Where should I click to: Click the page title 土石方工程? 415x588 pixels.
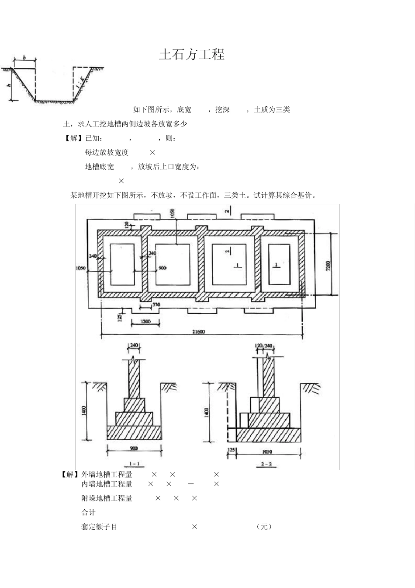pyautogui.click(x=192, y=55)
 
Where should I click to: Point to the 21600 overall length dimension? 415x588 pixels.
pyautogui.click(x=198, y=332)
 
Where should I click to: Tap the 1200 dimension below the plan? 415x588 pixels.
pyautogui.click(x=145, y=322)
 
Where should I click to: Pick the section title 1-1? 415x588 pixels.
pyautogui.click(x=134, y=464)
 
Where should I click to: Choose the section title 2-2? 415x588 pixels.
pyautogui.click(x=266, y=464)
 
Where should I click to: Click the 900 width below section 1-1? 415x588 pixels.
pyautogui.click(x=134, y=448)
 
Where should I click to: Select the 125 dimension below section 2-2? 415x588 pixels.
pyautogui.click(x=231, y=449)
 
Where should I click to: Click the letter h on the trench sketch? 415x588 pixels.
pyautogui.click(x=8, y=86)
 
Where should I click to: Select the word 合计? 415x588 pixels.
pyautogui.click(x=88, y=512)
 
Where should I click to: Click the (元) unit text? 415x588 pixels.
pyautogui.click(x=264, y=526)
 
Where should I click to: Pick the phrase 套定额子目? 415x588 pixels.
pyautogui.click(x=99, y=526)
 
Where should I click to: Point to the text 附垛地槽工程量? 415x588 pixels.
pyautogui.click(x=107, y=498)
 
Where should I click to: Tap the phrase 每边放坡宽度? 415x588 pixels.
pyautogui.click(x=107, y=152)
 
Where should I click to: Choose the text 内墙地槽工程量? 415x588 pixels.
pyautogui.click(x=107, y=484)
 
